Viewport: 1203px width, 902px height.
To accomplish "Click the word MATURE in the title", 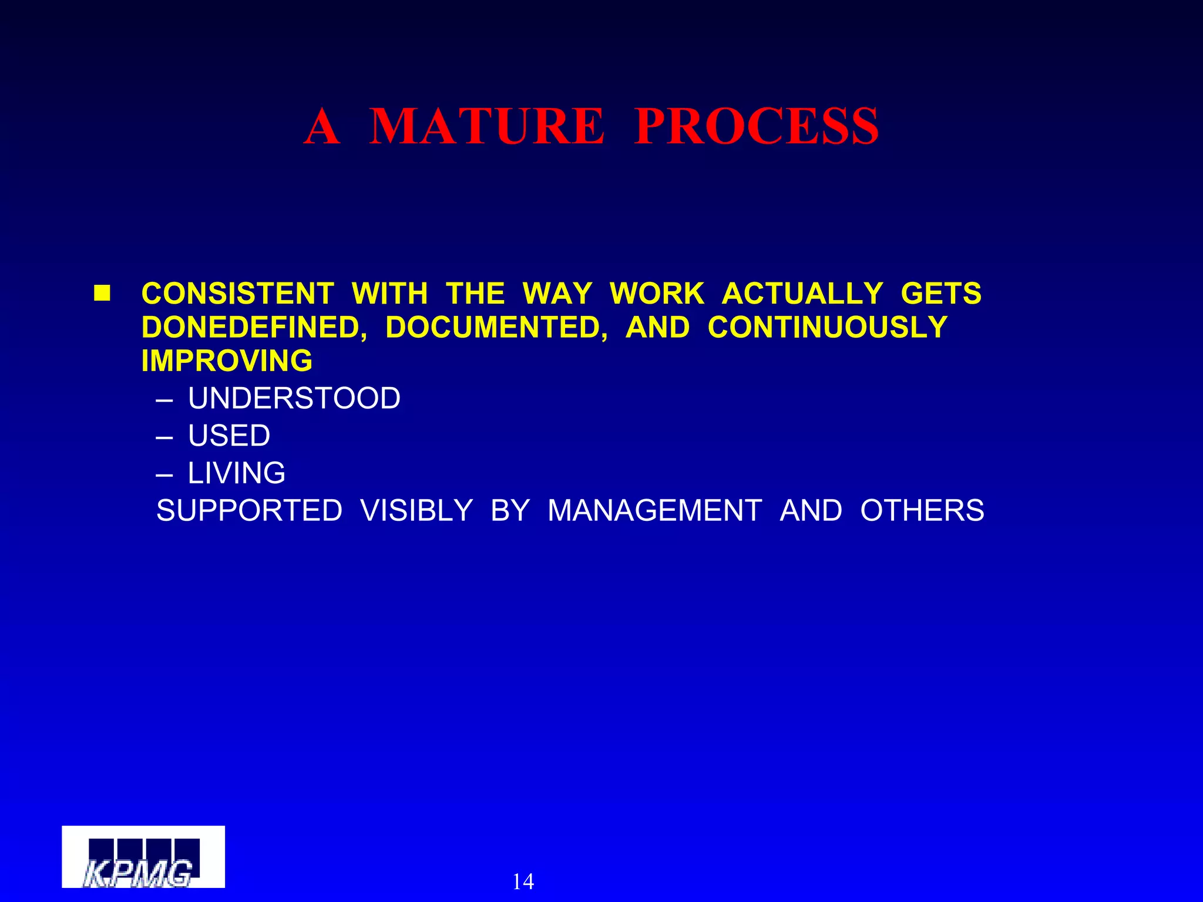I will pos(486,126).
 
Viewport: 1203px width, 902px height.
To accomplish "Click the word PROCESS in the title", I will pos(757,126).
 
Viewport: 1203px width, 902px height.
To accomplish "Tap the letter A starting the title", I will pos(322,126).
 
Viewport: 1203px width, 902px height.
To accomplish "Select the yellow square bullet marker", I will pos(102,293).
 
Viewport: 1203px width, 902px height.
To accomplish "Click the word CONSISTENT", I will pos(238,293).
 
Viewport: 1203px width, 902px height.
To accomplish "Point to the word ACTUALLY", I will pos(802,293).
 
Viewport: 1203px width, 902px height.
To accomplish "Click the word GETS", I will pos(941,293).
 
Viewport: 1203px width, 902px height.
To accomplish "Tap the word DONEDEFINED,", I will pos(254,327).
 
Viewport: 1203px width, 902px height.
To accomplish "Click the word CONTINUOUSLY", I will pos(828,327).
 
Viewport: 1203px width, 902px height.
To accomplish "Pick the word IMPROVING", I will pos(227,361).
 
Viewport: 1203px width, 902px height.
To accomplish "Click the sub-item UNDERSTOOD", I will pos(294,398).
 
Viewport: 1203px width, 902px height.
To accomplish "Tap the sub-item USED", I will pos(229,436).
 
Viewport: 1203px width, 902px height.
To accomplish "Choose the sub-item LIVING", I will pos(236,473).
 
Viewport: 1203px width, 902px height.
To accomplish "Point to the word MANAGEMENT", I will pos(655,510).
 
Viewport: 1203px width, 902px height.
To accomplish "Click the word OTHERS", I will pos(922,510).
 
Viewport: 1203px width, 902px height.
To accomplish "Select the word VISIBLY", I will pos(416,510).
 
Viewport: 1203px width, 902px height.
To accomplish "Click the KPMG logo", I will pos(143,857).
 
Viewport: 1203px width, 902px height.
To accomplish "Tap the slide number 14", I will pos(523,881).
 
